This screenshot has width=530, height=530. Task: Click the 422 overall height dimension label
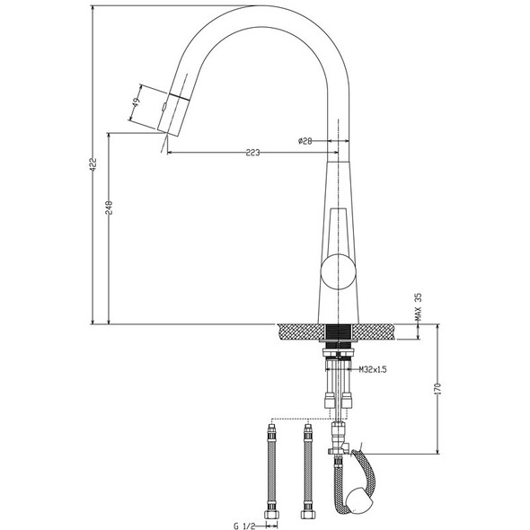93,165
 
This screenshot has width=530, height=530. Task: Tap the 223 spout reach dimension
252,153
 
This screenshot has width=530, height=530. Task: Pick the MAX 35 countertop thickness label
418,310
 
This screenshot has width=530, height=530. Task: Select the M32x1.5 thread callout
373,369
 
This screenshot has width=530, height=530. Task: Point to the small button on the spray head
163,107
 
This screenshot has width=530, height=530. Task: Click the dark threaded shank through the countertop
340,333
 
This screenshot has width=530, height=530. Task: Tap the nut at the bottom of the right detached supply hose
308,517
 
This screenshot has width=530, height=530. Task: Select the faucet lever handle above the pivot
339,229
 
